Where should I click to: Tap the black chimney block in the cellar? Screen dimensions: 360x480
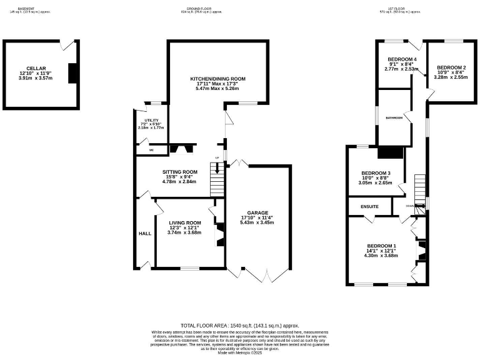click(x=72, y=73)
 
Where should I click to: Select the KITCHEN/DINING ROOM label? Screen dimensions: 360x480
click(x=217, y=79)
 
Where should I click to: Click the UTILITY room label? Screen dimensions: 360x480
click(x=151, y=120)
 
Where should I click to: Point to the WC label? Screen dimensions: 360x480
click(x=151, y=150)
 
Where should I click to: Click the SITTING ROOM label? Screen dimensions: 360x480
click(x=179, y=171)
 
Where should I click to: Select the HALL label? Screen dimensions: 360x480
click(x=145, y=233)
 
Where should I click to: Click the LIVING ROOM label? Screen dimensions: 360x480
click(x=184, y=222)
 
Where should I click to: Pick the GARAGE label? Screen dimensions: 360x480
click(x=257, y=212)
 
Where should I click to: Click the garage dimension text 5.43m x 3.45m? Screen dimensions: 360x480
click(x=257, y=222)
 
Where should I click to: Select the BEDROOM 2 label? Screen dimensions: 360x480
click(x=451, y=67)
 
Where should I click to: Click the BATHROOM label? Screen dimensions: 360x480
click(x=394, y=117)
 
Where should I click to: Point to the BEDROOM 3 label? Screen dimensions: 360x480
click(x=376, y=173)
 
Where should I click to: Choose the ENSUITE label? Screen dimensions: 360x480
click(x=369, y=206)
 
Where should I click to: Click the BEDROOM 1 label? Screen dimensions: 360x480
click(x=382, y=246)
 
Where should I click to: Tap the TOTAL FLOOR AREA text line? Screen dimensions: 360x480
click(x=239, y=326)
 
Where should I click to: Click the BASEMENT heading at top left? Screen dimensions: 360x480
click(x=26, y=8)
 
